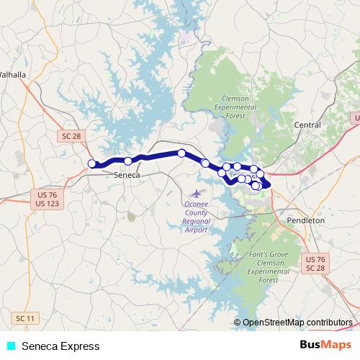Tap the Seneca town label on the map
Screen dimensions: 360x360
point(126,175)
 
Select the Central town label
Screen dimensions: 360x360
point(307,125)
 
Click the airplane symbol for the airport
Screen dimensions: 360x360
point(196,193)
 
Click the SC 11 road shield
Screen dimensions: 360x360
point(24,318)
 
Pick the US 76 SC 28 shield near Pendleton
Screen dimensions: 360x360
point(315,264)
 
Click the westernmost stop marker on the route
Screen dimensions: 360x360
point(91,164)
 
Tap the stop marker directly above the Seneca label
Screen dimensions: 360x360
point(127,161)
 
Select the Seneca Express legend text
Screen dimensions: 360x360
point(60,346)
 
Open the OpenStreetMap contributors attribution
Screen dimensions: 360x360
point(296,323)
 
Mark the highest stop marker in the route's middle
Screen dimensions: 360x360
point(182,153)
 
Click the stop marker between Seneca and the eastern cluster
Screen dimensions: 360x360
point(205,163)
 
